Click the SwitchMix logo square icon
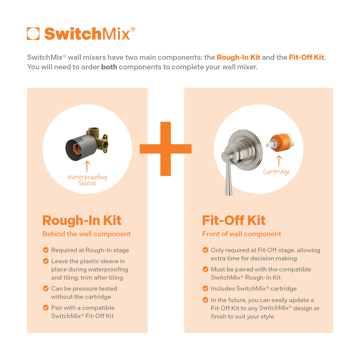(33, 34)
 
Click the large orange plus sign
(165, 149)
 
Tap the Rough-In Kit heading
(82, 220)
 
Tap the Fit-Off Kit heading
(234, 220)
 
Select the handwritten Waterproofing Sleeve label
(87, 180)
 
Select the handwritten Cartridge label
(276, 172)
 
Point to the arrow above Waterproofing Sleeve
(87, 166)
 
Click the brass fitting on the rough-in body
(100, 140)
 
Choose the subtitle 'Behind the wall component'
(86, 234)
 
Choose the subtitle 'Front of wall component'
(242, 234)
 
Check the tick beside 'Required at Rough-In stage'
(46, 250)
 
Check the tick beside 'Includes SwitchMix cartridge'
(205, 289)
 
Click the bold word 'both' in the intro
(109, 67)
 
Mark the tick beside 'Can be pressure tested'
(46, 289)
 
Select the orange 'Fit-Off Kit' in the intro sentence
(306, 57)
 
